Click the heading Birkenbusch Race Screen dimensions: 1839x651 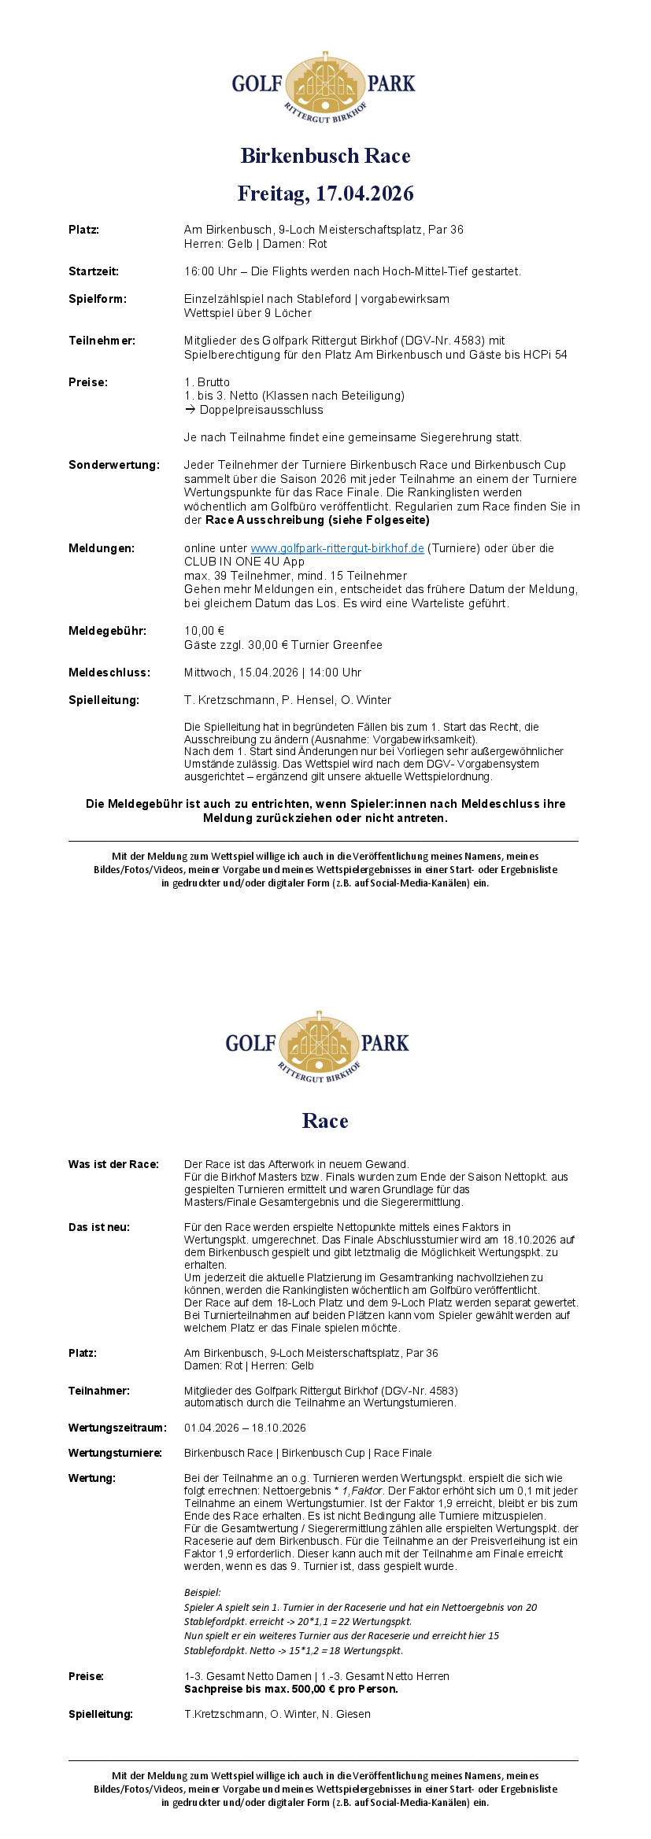(x=325, y=156)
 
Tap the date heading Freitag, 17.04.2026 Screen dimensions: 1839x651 (x=325, y=193)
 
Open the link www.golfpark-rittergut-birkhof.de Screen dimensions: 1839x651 (x=337, y=548)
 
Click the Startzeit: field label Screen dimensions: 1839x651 (x=94, y=271)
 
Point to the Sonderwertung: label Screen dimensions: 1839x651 (x=113, y=465)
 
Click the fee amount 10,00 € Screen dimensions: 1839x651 (x=204, y=631)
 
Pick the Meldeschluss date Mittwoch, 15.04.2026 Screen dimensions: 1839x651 (x=241, y=673)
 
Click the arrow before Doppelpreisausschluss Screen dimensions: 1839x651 (x=190, y=410)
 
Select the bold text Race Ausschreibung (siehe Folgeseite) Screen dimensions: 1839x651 (x=317, y=520)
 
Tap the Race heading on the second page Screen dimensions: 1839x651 (x=325, y=1121)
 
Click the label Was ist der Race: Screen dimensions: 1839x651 (x=113, y=1164)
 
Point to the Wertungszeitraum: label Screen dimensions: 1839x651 (x=117, y=1428)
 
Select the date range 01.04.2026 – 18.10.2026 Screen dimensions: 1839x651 (x=245, y=1428)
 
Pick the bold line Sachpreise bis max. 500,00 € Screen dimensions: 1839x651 (x=290, y=1689)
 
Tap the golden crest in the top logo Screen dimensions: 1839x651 (x=325, y=84)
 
